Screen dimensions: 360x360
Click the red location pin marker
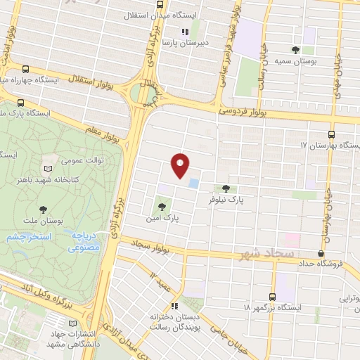tap(181, 165)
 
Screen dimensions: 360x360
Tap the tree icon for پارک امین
tap(162, 207)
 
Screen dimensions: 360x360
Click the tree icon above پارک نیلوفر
tap(226, 188)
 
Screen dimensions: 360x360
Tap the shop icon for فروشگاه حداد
tap(321, 253)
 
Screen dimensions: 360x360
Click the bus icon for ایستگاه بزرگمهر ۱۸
tap(273, 297)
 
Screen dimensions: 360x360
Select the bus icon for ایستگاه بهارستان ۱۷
tap(331, 134)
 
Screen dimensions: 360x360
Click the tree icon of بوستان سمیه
tap(296, 49)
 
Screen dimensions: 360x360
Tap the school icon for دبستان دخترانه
tap(174, 306)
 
